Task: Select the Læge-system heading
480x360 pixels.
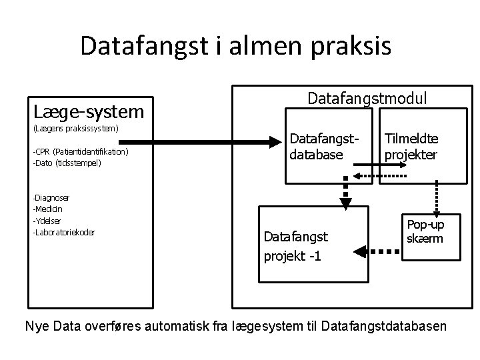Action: point(88,110)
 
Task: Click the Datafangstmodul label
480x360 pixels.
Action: point(367,99)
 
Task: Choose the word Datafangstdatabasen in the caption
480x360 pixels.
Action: point(385,327)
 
